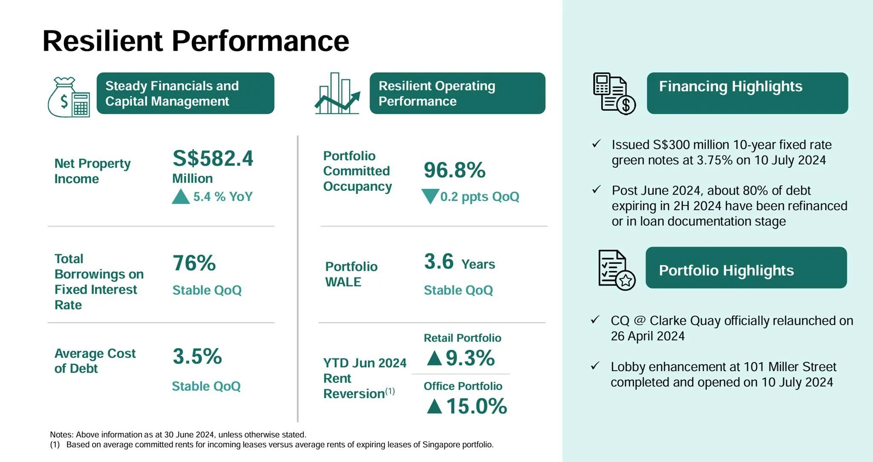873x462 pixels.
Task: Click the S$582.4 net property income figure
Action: point(213,159)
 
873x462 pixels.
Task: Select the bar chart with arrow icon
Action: point(337,94)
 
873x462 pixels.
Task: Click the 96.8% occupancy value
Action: point(454,170)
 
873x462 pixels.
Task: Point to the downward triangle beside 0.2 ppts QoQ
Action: point(430,196)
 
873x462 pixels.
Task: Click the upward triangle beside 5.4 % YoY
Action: point(181,196)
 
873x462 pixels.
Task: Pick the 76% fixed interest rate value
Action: point(194,263)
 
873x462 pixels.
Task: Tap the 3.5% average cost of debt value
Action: point(197,356)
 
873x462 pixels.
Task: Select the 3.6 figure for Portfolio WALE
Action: point(439,261)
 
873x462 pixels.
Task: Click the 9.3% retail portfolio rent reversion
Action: point(470,358)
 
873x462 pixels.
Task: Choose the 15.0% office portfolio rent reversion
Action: point(476,406)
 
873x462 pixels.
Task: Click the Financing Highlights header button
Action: point(747,93)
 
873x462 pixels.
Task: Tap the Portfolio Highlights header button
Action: point(746,268)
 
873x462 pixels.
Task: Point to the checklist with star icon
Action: point(616,270)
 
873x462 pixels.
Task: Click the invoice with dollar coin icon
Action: point(614,94)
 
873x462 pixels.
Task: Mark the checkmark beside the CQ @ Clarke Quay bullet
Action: point(595,320)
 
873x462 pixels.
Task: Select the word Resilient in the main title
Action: point(103,41)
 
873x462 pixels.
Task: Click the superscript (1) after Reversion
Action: point(390,391)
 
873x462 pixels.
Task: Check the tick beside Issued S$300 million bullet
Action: point(596,144)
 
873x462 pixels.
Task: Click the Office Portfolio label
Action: point(463,386)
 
